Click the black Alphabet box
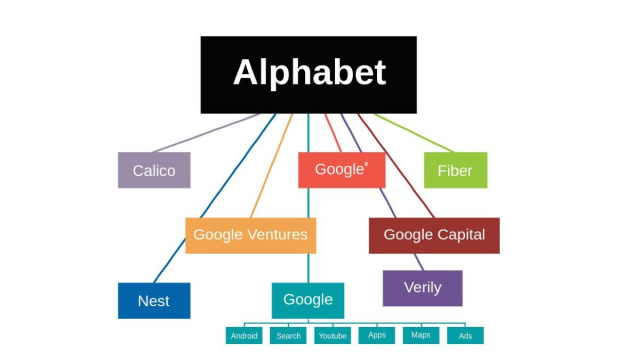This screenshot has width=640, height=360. pos(308,74)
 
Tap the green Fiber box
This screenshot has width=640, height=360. pos(455,170)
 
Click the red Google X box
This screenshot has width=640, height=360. pos(341,170)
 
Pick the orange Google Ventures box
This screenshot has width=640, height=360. pos(250,235)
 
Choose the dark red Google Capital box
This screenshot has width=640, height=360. pos(434,235)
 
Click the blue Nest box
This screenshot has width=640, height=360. pos(154,300)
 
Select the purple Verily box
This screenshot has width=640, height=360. pos(422,288)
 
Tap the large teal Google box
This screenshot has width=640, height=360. pos(308,300)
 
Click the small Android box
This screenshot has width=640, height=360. pos(244,336)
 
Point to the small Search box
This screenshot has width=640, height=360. pos(288,336)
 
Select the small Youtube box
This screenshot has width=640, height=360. pos(332,336)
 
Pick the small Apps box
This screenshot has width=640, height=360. pos(377,335)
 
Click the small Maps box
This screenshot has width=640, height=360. pos(421,335)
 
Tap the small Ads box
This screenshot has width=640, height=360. pos(465,336)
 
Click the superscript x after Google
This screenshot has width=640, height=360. pos(366,163)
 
